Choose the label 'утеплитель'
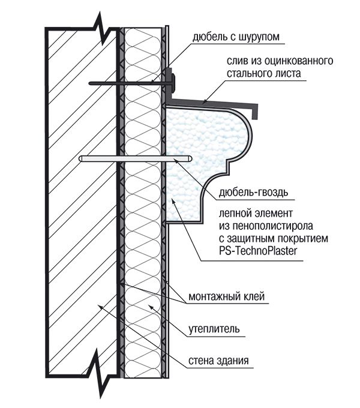tap(214, 329)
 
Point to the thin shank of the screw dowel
tap(126, 83)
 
